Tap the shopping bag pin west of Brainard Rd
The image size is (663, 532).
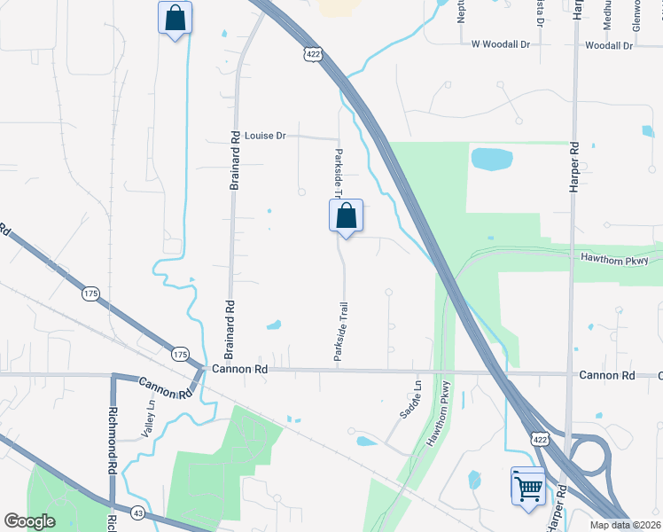click(x=175, y=18)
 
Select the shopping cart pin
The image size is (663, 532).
click(x=528, y=486)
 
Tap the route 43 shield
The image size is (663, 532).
click(x=137, y=512)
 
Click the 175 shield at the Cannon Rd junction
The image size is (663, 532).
click(x=181, y=355)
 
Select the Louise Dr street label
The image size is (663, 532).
click(x=266, y=136)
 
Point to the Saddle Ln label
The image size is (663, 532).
click(x=411, y=399)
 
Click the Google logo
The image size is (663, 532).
click(x=29, y=521)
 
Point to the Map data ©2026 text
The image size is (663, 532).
click(x=625, y=525)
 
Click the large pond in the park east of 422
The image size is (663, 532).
click(x=491, y=160)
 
